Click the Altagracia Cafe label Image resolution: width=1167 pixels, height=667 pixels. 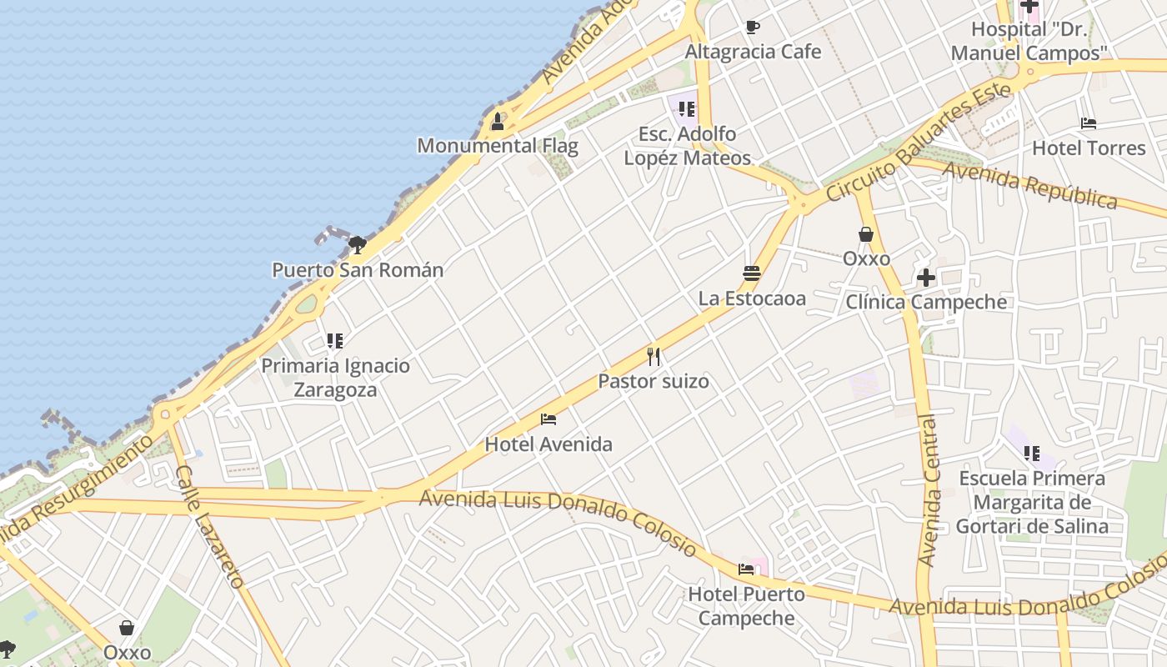tap(753, 52)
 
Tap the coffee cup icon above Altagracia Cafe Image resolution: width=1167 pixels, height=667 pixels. tap(753, 28)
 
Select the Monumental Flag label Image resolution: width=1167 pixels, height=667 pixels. tap(498, 146)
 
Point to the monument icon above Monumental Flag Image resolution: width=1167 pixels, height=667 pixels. tap(498, 122)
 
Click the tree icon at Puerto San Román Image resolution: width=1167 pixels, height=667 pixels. tap(358, 244)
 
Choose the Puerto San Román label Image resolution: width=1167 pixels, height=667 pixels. tap(358, 270)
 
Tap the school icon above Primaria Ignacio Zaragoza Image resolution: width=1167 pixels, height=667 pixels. tap(335, 340)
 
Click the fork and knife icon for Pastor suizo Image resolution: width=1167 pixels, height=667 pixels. tap(654, 357)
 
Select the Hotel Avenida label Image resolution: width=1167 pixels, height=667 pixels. tap(548, 444)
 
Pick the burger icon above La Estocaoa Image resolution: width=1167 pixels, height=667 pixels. tap(752, 273)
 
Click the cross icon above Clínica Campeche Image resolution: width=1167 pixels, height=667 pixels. tap(926, 278)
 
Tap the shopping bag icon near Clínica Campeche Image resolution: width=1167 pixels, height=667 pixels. tap(866, 234)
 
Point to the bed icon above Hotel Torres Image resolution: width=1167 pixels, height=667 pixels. tap(1089, 123)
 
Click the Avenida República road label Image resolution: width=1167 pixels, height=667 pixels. tap(1030, 185)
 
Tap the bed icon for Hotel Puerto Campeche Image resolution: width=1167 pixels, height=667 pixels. tap(746, 569)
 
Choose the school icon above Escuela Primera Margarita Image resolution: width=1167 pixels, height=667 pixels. tap(1032, 454)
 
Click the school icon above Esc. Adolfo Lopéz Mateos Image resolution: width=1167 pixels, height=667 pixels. tap(687, 109)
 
